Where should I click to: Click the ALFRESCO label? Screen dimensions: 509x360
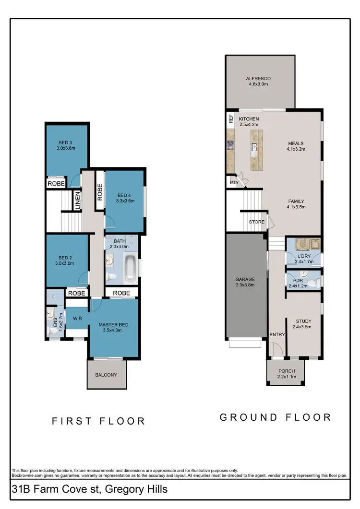point(258,78)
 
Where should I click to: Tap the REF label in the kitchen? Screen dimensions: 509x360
point(231,119)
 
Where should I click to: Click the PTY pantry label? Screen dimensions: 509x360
point(234,182)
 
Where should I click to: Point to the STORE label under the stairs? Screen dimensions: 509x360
point(256,222)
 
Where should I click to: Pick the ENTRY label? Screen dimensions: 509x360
point(276,334)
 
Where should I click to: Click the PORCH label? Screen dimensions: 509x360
point(287,371)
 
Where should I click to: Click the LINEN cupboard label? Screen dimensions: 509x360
point(77,200)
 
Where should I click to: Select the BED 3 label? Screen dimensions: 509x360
point(66,142)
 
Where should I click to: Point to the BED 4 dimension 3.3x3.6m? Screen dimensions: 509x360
point(125,201)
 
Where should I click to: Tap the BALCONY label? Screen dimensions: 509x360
point(106,375)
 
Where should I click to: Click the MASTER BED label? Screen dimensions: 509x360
point(113,324)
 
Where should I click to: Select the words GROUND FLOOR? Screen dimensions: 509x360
point(276,417)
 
